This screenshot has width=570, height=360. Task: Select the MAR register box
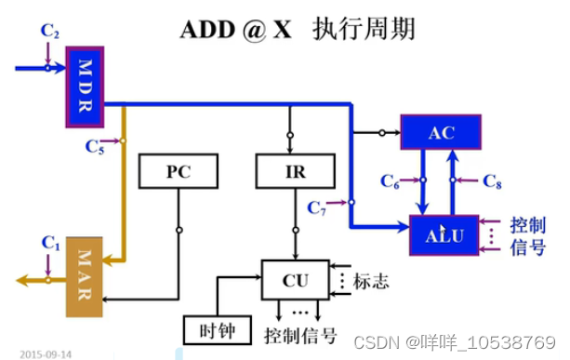[85, 274]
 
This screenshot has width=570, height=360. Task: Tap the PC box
[178, 171]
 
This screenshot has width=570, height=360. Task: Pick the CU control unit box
[294, 278]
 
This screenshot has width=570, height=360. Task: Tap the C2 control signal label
[50, 31]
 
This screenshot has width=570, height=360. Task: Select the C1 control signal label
[50, 244]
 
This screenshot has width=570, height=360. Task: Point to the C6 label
[391, 182]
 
